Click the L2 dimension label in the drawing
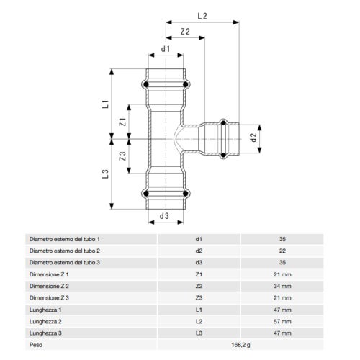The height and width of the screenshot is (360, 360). (203, 14)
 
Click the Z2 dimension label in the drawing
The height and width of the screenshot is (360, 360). (186, 32)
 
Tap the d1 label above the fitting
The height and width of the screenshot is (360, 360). (166, 49)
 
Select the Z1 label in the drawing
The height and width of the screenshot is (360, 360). (123, 122)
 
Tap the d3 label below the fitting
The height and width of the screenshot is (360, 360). (164, 216)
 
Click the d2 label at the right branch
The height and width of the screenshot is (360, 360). (252, 136)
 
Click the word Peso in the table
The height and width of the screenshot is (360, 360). (36, 345)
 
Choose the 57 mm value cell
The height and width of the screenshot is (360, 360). (282, 321)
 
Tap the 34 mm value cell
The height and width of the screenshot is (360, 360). (282, 286)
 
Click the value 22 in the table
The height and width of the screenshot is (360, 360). (282, 251)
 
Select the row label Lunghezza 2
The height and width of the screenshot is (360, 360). (46, 321)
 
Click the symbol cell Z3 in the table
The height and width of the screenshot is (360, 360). (199, 297)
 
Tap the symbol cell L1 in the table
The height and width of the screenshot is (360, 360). (199, 310)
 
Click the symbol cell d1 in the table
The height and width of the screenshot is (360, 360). (199, 238)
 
